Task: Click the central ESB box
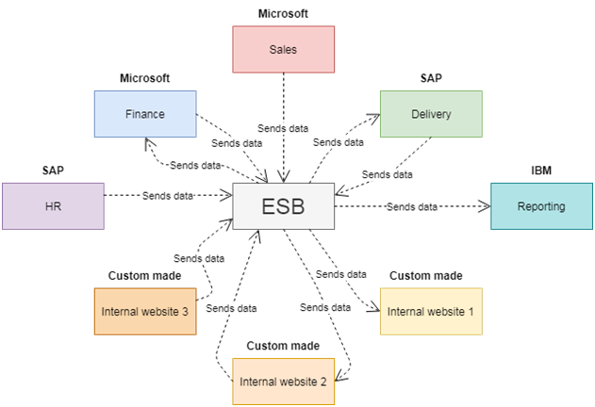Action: (283, 205)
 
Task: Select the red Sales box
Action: (283, 49)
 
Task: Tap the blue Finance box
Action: (145, 114)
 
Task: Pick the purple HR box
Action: (53, 206)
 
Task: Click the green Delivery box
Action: (430, 114)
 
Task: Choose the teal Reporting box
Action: (540, 205)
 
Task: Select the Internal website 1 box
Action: (431, 311)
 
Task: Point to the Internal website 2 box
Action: (283, 382)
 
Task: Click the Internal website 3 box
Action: (145, 311)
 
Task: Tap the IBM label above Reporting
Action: (541, 171)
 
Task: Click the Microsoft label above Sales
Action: (283, 14)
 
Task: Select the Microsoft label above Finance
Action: (145, 77)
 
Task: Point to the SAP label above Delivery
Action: (431, 77)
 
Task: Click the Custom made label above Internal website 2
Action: (283, 346)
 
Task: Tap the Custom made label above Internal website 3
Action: (145, 275)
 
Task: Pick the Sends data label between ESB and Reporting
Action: (413, 206)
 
